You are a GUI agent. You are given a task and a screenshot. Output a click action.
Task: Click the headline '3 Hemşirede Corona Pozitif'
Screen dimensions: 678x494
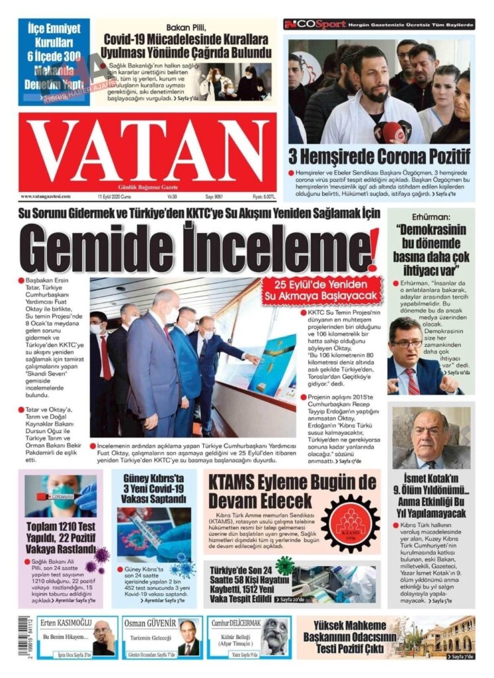[x=380, y=157]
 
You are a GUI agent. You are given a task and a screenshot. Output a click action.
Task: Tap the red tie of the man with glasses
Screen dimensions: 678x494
[x=413, y=380]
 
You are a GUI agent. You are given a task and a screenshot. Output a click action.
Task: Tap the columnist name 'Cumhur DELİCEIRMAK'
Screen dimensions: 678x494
[x=235, y=623]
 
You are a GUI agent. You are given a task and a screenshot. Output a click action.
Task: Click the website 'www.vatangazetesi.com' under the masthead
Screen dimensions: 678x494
[x=46, y=197]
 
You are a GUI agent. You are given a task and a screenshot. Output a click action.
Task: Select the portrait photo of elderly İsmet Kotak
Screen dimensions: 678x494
[x=431, y=438]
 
